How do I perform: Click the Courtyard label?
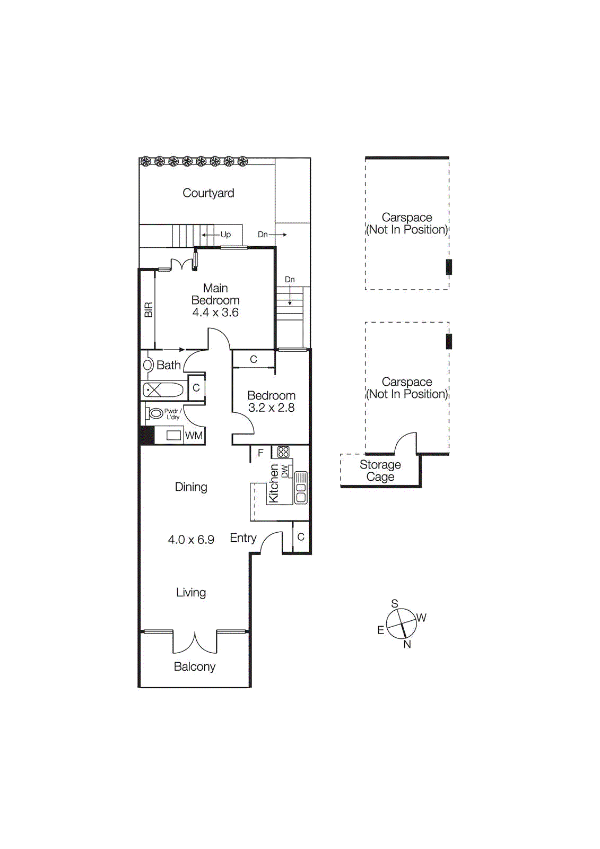click(208, 193)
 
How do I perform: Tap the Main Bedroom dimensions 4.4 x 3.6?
click(215, 313)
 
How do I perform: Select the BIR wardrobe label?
click(149, 310)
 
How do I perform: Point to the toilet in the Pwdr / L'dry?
click(155, 413)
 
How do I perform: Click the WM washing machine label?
click(194, 436)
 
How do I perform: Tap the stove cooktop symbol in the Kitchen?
click(284, 452)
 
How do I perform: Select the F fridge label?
click(260, 453)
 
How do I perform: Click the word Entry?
click(243, 538)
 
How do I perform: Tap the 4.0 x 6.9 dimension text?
click(191, 540)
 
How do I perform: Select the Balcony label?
click(195, 667)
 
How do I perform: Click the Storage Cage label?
click(380, 471)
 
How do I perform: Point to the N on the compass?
click(407, 644)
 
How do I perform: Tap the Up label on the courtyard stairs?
click(225, 235)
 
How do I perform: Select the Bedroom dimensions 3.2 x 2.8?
click(271, 408)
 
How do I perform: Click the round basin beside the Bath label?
click(149, 365)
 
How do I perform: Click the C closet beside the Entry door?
click(301, 537)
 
